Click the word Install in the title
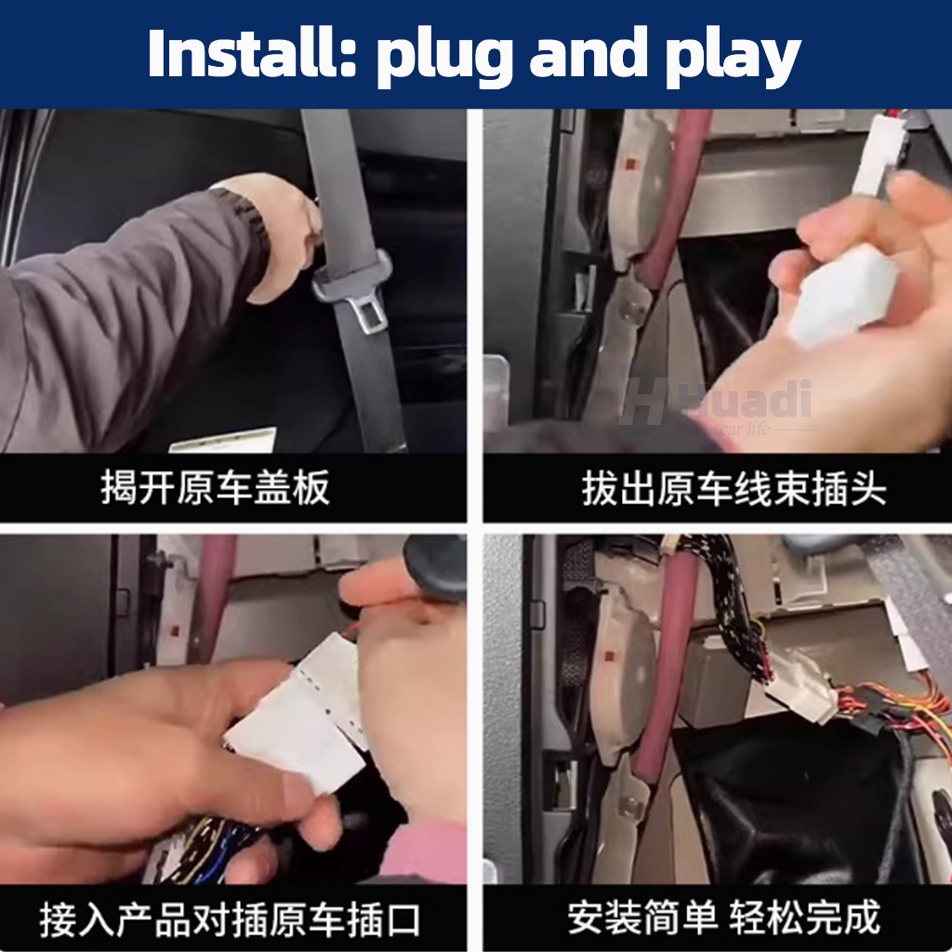click(245, 53)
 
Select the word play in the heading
click(733, 58)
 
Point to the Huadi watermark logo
click(717, 402)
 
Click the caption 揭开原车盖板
click(216, 487)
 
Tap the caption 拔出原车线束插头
click(734, 488)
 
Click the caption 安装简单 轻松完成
click(723, 917)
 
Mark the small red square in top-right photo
click(629, 164)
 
